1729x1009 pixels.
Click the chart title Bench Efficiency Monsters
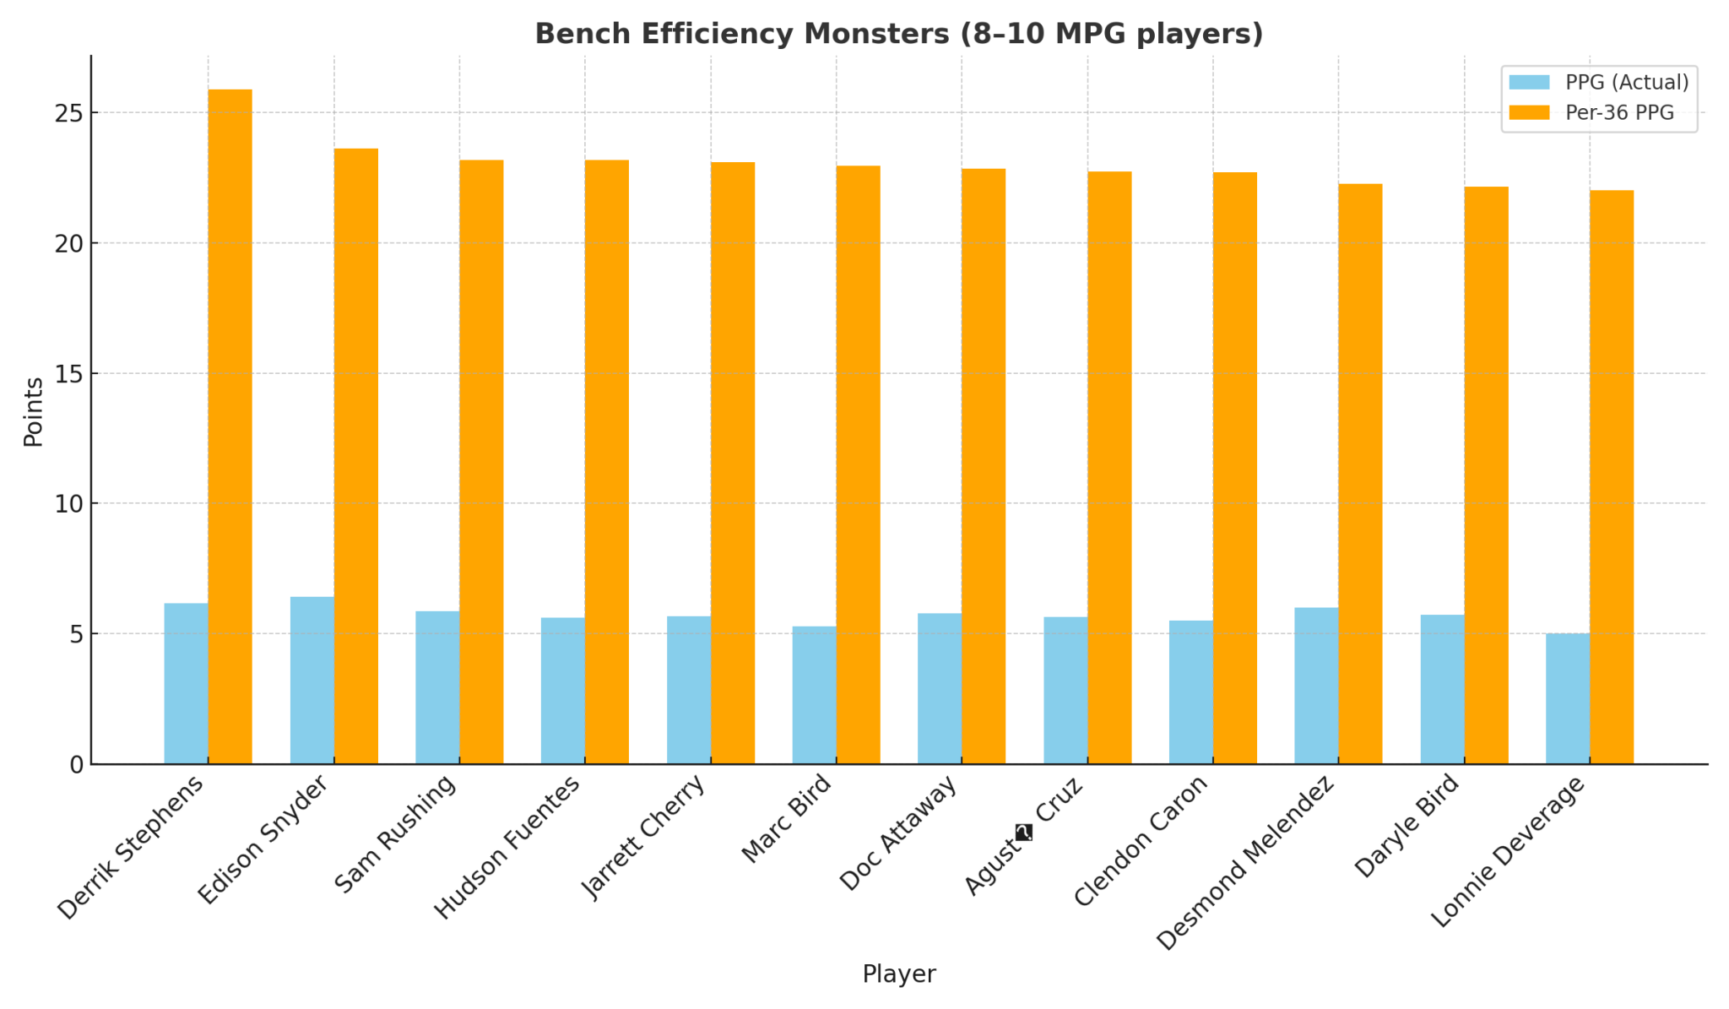pyautogui.click(x=898, y=34)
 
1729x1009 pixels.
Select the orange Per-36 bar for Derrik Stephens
pyautogui.click(x=230, y=426)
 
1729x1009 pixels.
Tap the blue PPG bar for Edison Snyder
pyautogui.click(x=312, y=681)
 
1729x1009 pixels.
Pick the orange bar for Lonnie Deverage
pyautogui.click(x=1612, y=477)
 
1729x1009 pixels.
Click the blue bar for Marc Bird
pyautogui.click(x=814, y=695)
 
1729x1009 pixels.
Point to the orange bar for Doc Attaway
pyautogui.click(x=984, y=466)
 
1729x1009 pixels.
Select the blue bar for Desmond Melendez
pyautogui.click(x=1316, y=686)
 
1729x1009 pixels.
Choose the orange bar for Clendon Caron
pyautogui.click(x=1235, y=468)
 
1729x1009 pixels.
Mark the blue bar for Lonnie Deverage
pyautogui.click(x=1568, y=698)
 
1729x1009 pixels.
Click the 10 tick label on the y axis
pyautogui.click(x=69, y=504)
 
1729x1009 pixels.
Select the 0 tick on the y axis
pyautogui.click(x=77, y=764)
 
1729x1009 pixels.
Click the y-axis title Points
pyautogui.click(x=34, y=412)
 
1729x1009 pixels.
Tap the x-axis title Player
pyautogui.click(x=898, y=974)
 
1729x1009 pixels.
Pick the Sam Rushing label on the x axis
pyautogui.click(x=395, y=833)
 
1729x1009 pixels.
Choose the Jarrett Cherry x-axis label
pyautogui.click(x=643, y=837)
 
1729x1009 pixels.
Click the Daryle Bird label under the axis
pyautogui.click(x=1406, y=825)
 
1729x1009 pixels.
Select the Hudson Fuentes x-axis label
pyautogui.click(x=507, y=847)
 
